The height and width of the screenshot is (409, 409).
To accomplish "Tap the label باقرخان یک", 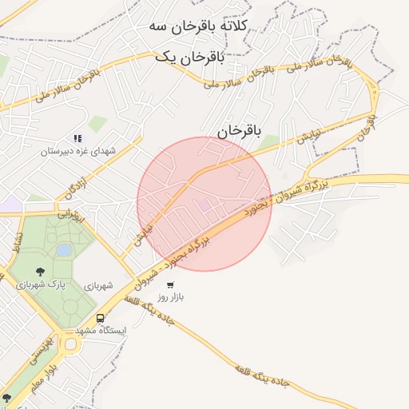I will (x=189, y=57).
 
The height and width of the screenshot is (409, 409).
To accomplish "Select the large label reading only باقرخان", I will (x=239, y=130).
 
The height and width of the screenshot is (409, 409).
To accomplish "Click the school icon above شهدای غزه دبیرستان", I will (x=77, y=138).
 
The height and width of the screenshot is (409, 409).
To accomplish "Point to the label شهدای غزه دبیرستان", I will (x=79, y=151).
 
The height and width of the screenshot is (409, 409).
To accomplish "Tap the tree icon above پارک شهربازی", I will (x=41, y=272).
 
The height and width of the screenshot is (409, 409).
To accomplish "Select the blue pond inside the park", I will (x=63, y=250).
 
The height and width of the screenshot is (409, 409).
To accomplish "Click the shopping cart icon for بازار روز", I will (x=169, y=284).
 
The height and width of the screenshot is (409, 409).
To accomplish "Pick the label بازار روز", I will (x=169, y=296).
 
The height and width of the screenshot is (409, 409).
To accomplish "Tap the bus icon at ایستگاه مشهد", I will (x=100, y=317).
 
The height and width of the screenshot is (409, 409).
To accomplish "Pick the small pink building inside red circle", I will (x=205, y=205).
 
